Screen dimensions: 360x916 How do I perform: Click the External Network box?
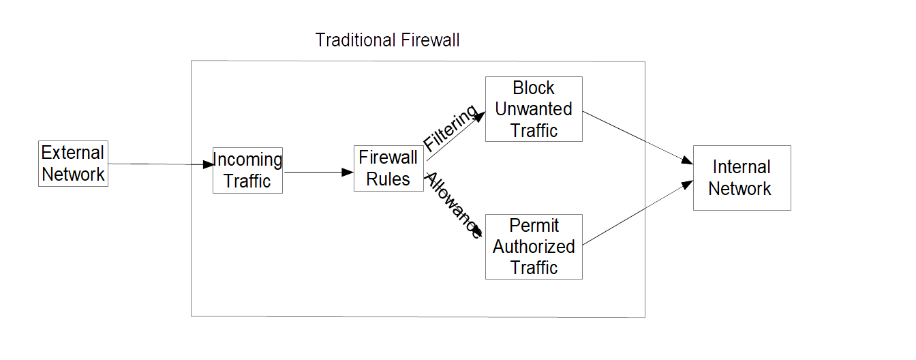73,164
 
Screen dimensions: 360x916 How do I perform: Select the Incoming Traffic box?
247,170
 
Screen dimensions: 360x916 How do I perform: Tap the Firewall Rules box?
388,168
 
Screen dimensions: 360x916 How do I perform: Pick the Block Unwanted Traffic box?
534,109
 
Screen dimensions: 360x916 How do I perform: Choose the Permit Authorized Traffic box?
534,247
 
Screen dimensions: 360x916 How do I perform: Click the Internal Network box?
742,178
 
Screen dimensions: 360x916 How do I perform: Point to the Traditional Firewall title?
387,40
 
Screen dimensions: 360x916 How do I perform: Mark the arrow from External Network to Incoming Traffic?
160,164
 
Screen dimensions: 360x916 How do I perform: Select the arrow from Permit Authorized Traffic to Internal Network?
637,213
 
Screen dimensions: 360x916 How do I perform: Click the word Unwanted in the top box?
534,109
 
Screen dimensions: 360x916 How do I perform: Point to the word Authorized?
534,247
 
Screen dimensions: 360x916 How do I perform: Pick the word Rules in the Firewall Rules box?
388,179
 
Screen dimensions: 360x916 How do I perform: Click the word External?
73,153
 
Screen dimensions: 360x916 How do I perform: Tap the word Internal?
742,167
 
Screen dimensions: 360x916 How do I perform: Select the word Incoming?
247,160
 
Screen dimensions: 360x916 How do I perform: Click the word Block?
534,88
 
